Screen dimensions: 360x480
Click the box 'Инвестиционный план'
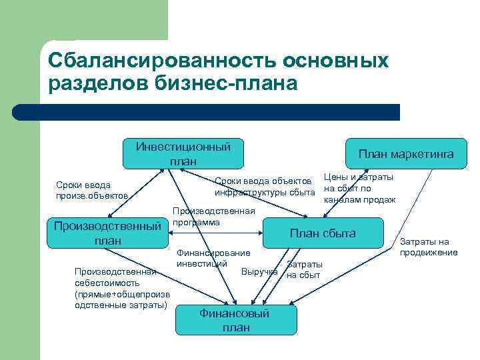[x=182, y=153]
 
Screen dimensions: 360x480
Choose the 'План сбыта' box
[x=322, y=233]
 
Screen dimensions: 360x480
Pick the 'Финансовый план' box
[x=235, y=320]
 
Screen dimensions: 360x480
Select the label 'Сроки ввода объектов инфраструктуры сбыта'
[x=264, y=187]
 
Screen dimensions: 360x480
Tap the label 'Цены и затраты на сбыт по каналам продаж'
[x=359, y=188]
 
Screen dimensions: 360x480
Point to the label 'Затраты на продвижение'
[x=429, y=247]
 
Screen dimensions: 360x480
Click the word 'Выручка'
[x=259, y=272]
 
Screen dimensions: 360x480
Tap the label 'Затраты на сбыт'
[x=304, y=269]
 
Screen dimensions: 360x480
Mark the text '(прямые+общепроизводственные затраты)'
[x=121, y=299]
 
